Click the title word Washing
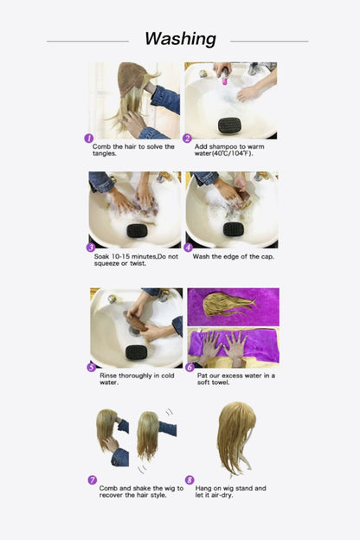[x=180, y=39]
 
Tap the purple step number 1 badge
[x=88, y=138]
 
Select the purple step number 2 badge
[x=188, y=138]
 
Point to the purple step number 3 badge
[x=90, y=247]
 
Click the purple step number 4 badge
[x=188, y=247]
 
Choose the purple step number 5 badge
[x=90, y=366]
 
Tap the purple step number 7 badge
[x=92, y=479]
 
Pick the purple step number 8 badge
[x=190, y=479]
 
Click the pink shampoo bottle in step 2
[x=225, y=78]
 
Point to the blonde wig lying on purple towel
[x=227, y=305]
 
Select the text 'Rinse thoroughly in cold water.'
[x=132, y=379]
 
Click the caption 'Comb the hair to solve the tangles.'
[x=132, y=150]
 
